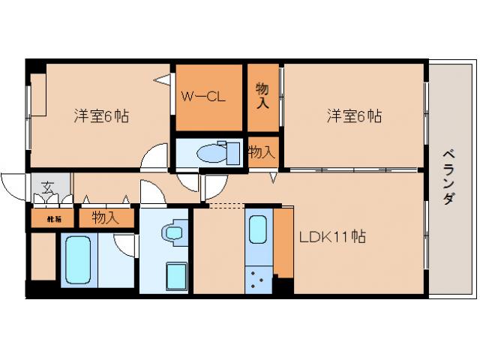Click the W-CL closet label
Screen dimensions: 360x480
point(203,97)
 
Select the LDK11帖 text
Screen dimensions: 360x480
point(332,238)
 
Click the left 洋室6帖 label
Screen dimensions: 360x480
point(100,117)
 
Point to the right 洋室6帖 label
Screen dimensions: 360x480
point(354,117)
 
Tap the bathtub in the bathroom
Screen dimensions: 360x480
point(75,259)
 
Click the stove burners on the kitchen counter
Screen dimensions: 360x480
point(258,279)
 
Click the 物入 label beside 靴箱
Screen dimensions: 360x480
point(105,218)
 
